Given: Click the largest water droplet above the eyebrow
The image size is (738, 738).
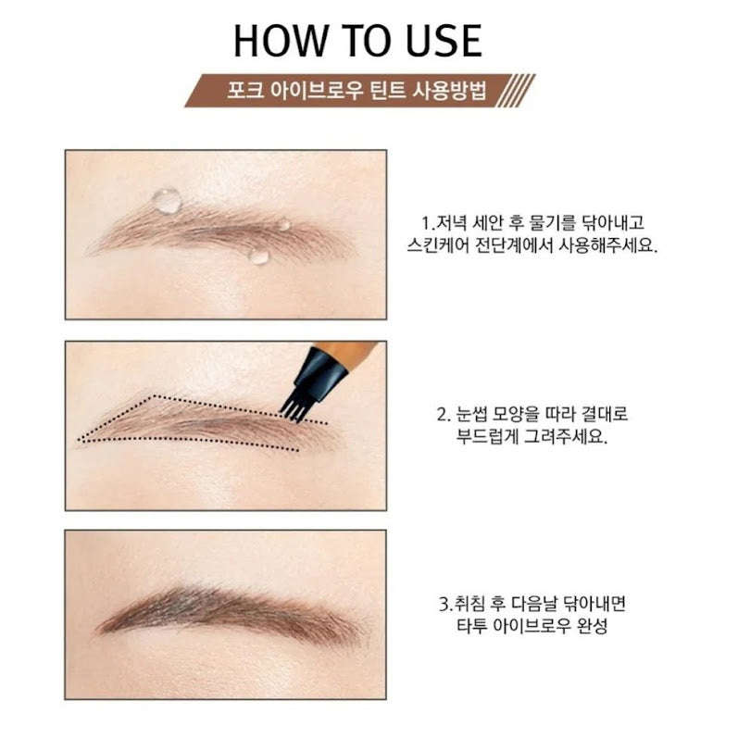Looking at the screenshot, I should coord(168,200).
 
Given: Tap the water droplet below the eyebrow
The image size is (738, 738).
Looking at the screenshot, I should coord(258,255).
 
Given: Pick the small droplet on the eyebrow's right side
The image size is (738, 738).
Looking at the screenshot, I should coord(283,223).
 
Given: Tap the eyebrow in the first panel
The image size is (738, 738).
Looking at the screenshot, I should coord(222,236).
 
